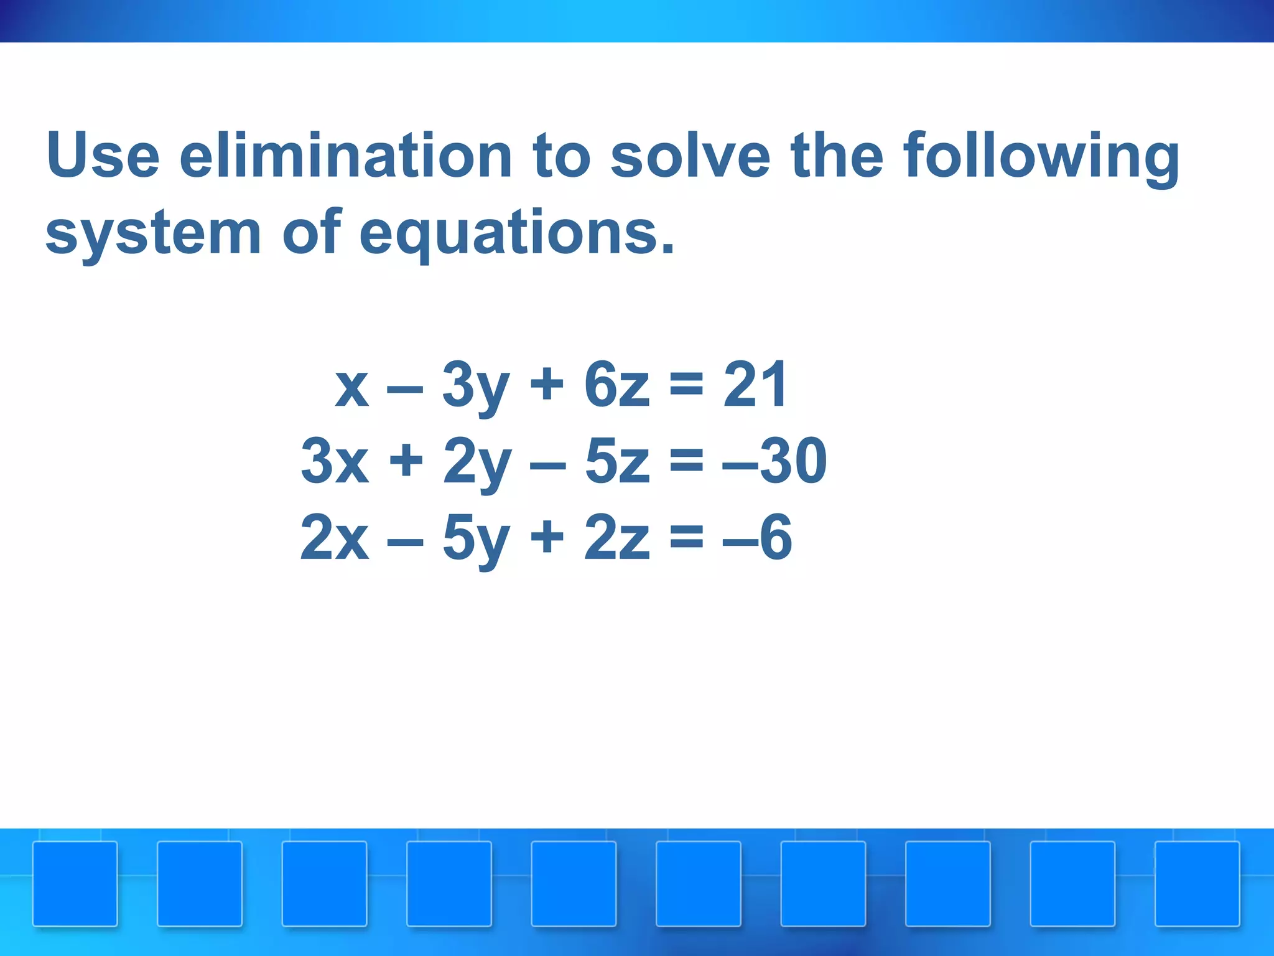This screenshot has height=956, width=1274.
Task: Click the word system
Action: click(153, 234)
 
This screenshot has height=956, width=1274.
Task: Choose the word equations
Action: click(516, 234)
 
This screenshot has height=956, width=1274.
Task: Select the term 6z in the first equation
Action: click(616, 386)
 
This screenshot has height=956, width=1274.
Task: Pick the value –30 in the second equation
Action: click(775, 462)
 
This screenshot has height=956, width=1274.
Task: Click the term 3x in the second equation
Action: click(335, 462)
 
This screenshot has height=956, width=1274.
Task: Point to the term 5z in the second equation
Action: click(616, 462)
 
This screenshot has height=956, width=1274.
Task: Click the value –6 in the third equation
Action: click(757, 538)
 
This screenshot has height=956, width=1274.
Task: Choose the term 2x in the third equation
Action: click(335, 538)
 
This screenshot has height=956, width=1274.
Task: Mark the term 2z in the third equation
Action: click(616, 538)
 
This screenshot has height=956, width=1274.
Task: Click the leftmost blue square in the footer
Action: click(75, 884)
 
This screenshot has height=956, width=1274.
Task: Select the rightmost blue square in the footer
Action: click(1197, 884)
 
